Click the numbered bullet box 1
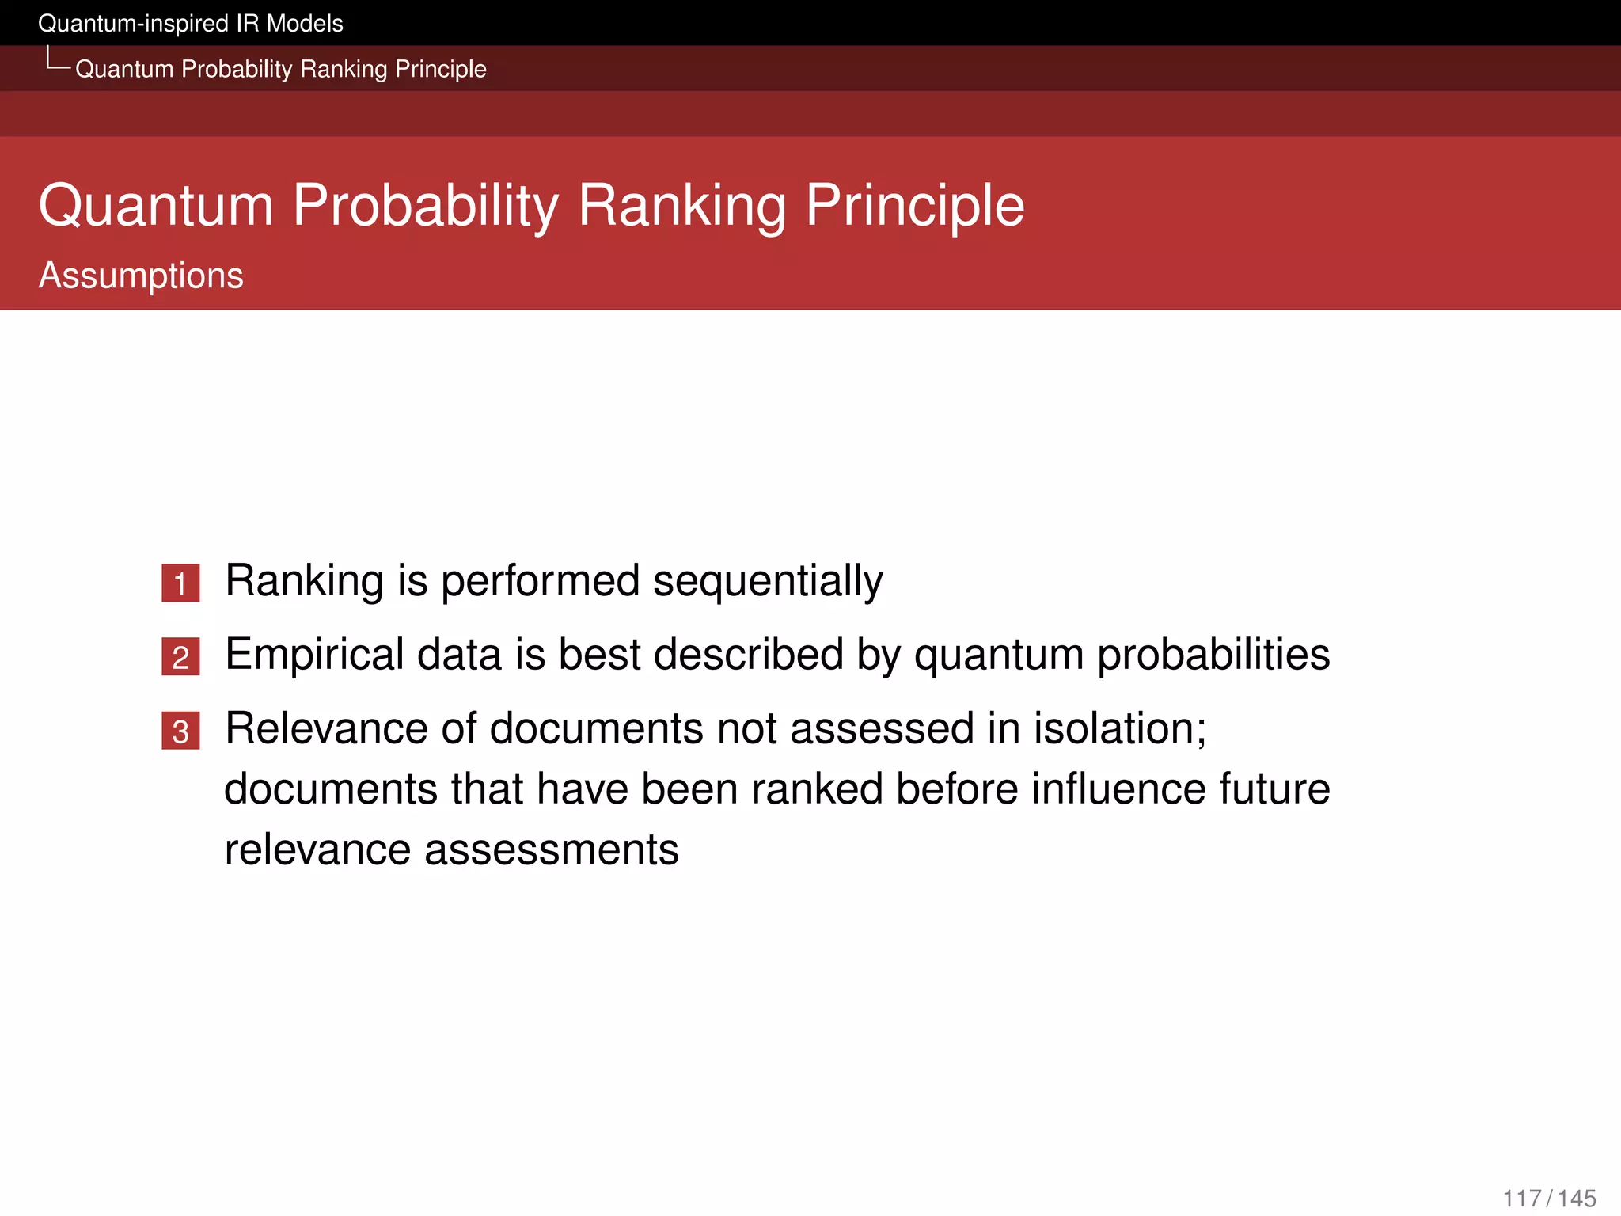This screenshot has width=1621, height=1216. [x=180, y=583]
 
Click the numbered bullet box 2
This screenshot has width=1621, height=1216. [x=180, y=657]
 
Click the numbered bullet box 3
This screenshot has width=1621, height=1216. [x=180, y=731]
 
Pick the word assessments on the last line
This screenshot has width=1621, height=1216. [x=551, y=850]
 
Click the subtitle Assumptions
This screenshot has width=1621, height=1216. [x=141, y=275]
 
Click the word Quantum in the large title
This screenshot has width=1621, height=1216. [x=156, y=206]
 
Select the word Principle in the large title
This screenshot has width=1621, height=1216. [x=914, y=206]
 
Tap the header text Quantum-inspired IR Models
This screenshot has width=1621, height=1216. [x=191, y=24]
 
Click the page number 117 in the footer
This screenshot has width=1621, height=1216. [x=1521, y=1199]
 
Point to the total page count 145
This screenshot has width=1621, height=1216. [x=1577, y=1199]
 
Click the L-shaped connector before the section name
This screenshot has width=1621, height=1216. [x=55, y=60]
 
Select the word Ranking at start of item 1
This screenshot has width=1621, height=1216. [x=305, y=582]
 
